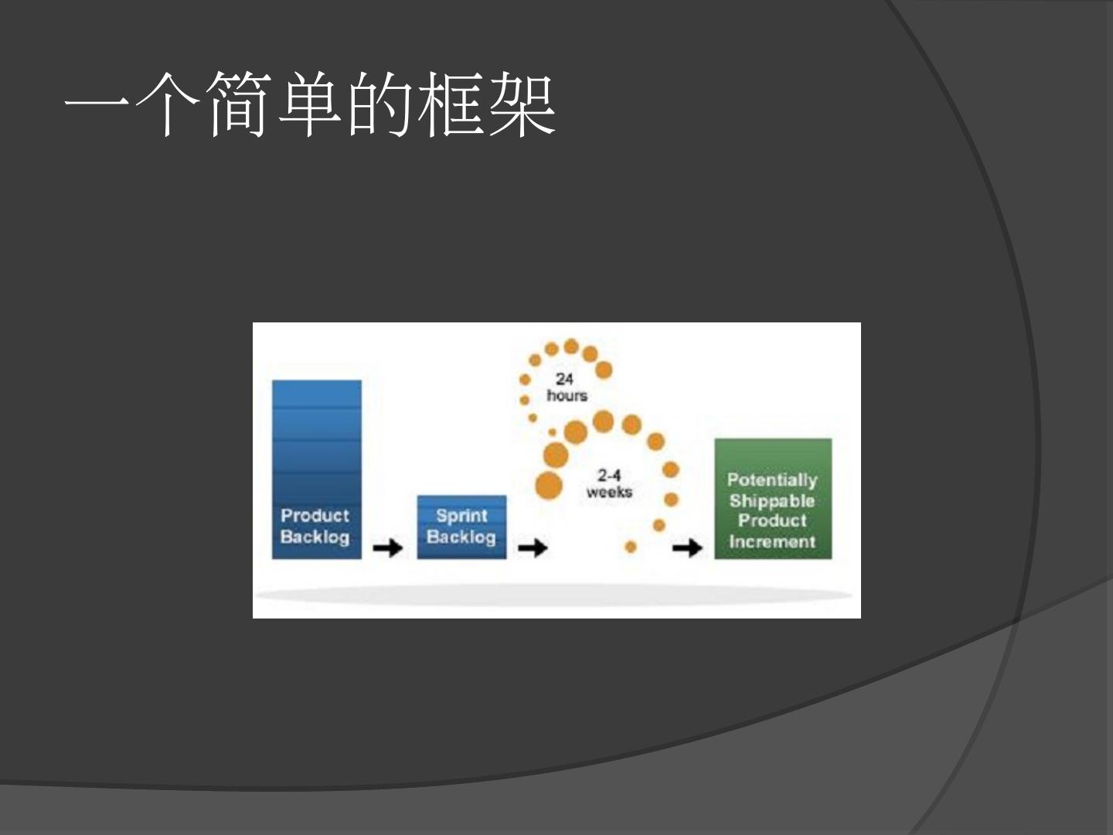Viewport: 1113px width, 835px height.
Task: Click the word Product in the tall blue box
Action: (x=315, y=515)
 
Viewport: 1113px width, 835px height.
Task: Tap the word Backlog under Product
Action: (x=315, y=537)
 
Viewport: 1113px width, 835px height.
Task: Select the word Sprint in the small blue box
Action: (x=461, y=515)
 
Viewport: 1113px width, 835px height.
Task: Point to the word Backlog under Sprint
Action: (x=461, y=537)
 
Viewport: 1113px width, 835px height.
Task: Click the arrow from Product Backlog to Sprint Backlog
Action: (x=388, y=548)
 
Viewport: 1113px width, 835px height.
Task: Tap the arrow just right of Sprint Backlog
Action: (x=533, y=548)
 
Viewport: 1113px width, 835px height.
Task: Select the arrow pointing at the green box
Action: (x=687, y=548)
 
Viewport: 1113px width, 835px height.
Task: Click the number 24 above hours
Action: (x=564, y=379)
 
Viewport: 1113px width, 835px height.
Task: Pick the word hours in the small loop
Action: (x=567, y=396)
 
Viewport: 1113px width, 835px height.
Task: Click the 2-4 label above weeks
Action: (x=609, y=475)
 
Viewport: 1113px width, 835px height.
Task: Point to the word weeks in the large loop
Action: (x=609, y=492)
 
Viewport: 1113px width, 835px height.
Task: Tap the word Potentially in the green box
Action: (x=772, y=480)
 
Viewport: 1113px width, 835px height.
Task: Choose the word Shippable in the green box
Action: (x=772, y=501)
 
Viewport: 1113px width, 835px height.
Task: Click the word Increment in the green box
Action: (x=772, y=542)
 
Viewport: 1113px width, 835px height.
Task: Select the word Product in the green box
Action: (x=772, y=521)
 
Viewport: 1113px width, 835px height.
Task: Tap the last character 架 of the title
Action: (x=522, y=105)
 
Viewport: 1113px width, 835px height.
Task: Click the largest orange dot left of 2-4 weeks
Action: (x=549, y=486)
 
